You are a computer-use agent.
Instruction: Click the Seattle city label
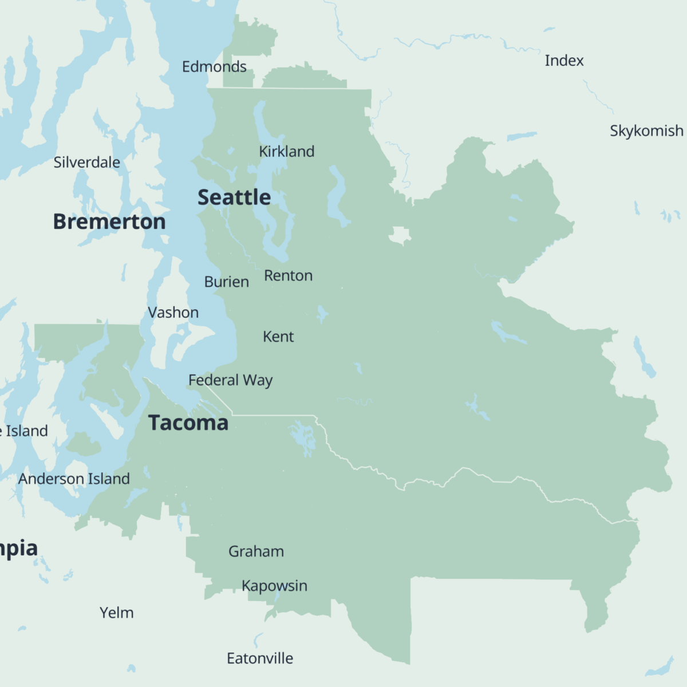point(234,198)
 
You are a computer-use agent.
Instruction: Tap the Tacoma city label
point(188,423)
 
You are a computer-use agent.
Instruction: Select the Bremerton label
point(109,222)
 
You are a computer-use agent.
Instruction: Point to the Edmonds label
point(214,67)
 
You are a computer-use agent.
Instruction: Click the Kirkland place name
point(286,152)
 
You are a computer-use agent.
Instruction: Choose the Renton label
point(288,276)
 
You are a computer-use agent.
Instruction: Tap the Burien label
point(227,282)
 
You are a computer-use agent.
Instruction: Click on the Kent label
point(278,337)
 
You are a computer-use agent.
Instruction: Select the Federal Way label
point(230,381)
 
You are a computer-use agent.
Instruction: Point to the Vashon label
point(173,313)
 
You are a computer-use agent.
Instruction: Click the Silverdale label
point(87,163)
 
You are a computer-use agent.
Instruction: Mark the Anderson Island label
point(74,479)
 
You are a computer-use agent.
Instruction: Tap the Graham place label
point(256,552)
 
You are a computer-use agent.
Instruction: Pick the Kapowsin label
point(274,586)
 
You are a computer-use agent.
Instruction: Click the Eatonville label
point(260,659)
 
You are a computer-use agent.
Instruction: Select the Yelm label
point(117,613)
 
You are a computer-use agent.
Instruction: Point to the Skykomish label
point(646,131)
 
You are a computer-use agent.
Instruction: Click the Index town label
point(564,61)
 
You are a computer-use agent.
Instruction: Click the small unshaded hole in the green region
point(400,235)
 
